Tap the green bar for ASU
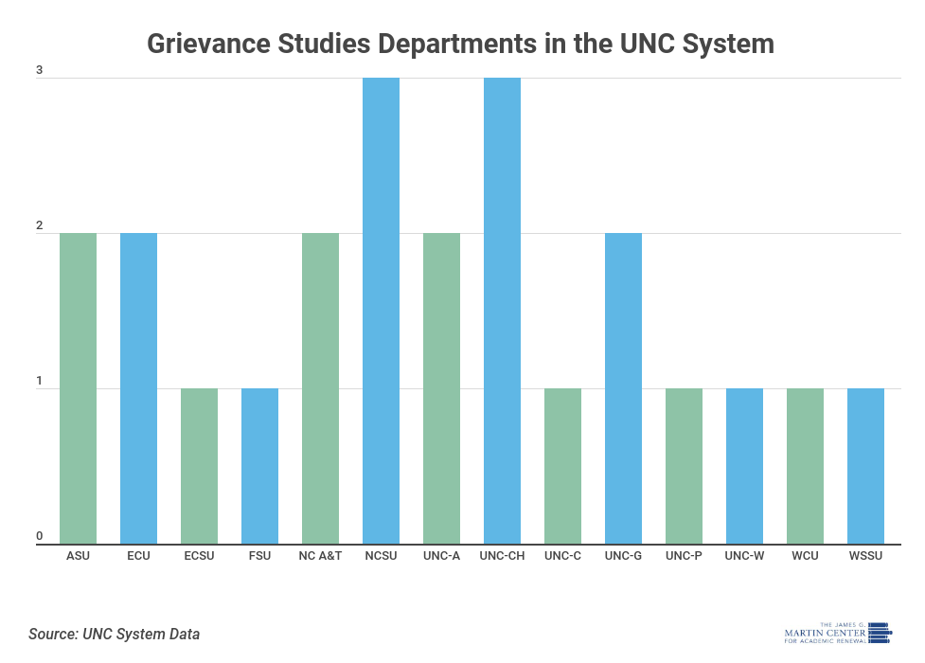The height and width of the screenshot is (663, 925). tap(78, 388)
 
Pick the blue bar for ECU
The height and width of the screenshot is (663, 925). tap(138, 388)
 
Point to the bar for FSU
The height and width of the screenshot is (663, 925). tap(259, 466)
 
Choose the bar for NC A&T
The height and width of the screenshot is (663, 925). tap(320, 388)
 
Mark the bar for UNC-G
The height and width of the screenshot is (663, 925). tap(623, 388)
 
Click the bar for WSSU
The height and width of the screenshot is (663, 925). tap(865, 466)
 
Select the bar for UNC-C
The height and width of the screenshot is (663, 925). tap(562, 466)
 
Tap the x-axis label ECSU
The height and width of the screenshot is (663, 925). tap(199, 556)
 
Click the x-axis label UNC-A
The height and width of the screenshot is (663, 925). tap(441, 556)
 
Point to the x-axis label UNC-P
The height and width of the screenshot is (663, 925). tap(684, 556)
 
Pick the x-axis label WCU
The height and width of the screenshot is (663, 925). tap(805, 556)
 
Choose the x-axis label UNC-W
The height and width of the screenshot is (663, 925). tap(744, 556)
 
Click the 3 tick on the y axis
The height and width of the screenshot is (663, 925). tap(40, 70)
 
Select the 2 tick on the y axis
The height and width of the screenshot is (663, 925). tap(40, 225)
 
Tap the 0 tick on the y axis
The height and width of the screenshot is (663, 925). tap(40, 536)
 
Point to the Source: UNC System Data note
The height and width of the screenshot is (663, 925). tap(114, 634)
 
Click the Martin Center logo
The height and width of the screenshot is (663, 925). tap(838, 632)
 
